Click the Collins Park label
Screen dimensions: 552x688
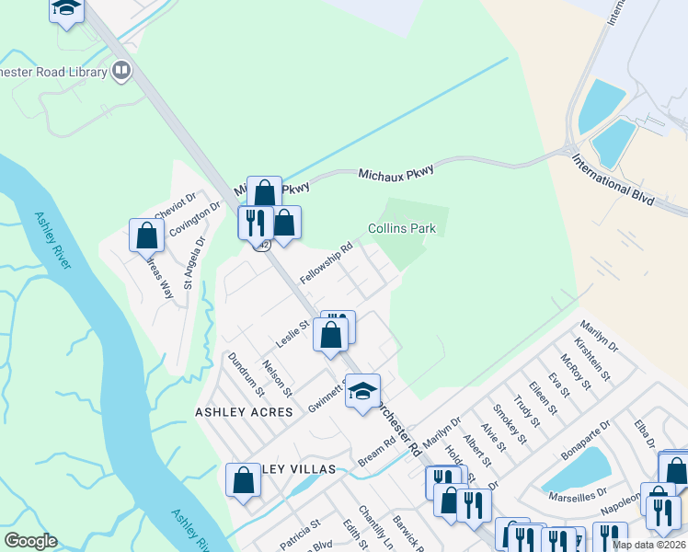point(401,228)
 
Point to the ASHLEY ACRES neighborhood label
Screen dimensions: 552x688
point(244,412)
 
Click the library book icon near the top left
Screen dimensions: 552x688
point(121,70)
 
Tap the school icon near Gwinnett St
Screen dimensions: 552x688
point(362,391)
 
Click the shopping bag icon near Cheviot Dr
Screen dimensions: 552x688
point(146,236)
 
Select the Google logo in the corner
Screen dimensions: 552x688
point(29,541)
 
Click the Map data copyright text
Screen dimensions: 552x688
point(648,545)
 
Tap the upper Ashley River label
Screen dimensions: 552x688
point(53,242)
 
